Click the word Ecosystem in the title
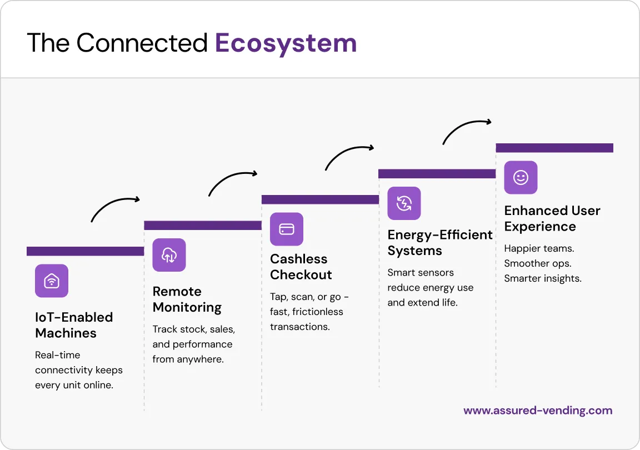tap(286, 43)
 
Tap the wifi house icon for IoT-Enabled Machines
tap(52, 281)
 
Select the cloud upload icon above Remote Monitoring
tap(169, 255)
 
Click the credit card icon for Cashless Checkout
tap(287, 229)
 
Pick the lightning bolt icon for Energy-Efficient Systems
tap(404, 203)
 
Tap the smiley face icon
tap(521, 178)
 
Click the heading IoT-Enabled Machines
tap(74, 325)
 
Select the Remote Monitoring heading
tap(187, 299)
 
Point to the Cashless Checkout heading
tap(301, 267)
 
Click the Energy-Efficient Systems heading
tap(439, 243)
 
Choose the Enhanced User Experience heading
tap(552, 218)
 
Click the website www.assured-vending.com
tap(538, 411)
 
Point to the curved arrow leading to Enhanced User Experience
tap(467, 129)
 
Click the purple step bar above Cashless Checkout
tap(320, 199)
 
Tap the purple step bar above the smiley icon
tap(554, 148)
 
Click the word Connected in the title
tap(142, 43)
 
